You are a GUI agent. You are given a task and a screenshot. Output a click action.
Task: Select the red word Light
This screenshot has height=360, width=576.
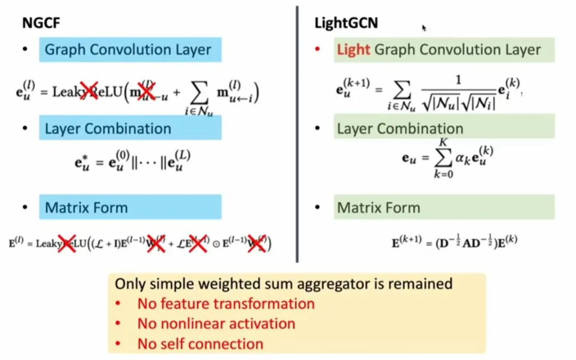353,50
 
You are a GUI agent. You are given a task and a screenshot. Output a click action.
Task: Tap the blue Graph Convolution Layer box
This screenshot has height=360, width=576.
130,50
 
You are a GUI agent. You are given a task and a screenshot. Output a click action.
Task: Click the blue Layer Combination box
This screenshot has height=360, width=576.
130,129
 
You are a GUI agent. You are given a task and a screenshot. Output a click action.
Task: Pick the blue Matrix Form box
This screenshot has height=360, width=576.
130,207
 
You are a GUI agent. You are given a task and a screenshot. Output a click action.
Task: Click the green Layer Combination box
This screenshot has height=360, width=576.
444,129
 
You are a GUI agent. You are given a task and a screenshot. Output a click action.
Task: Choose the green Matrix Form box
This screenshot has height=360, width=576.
444,207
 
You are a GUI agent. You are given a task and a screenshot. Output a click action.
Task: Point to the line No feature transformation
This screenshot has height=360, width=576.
226,303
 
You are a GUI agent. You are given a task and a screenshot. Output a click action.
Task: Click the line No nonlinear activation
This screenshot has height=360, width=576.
216,324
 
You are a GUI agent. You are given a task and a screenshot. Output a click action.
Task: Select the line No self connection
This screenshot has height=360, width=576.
200,344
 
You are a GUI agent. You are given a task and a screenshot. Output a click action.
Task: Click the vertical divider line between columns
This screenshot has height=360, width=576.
297,133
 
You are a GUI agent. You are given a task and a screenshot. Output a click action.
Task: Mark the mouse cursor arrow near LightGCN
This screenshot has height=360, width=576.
424,28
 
